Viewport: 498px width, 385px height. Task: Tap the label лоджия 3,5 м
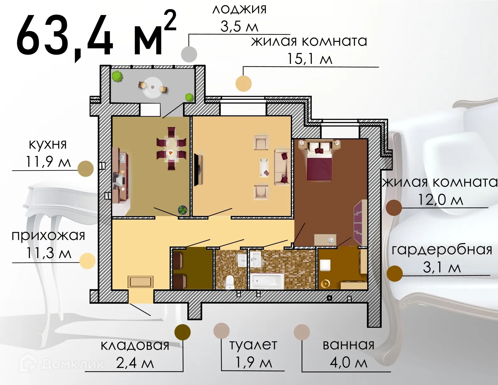click(x=240, y=18)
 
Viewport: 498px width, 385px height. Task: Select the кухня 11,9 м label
click(x=48, y=153)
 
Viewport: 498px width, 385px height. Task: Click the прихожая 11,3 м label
click(x=48, y=244)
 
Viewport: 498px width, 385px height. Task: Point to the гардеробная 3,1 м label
click(x=442, y=259)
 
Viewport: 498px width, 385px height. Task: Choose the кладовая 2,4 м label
click(x=135, y=354)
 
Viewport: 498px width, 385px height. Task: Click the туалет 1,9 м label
click(x=253, y=354)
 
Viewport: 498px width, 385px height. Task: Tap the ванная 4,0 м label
click(x=348, y=354)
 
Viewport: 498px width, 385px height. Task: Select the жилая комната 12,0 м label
click(x=440, y=191)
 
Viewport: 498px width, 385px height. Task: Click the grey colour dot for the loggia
click(x=189, y=54)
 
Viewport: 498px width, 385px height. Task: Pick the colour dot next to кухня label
click(x=86, y=169)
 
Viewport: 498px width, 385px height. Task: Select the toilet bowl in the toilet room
click(x=230, y=282)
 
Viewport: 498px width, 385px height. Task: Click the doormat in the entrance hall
click(x=141, y=282)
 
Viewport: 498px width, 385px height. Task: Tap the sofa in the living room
click(x=282, y=167)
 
